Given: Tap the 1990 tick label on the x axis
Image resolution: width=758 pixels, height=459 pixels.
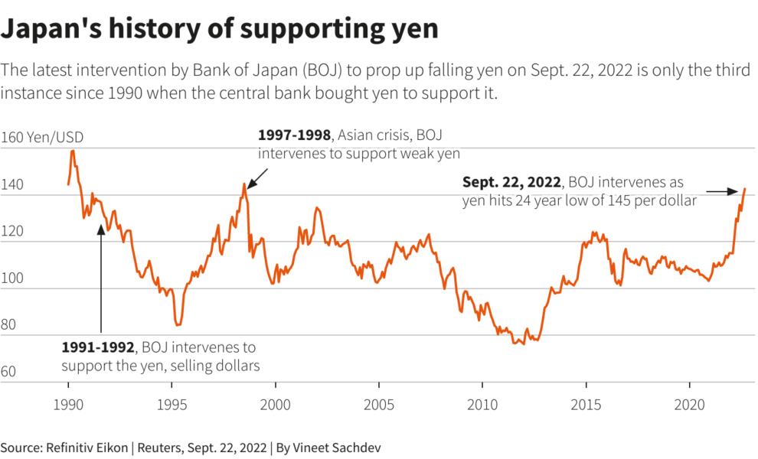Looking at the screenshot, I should coord(68,403).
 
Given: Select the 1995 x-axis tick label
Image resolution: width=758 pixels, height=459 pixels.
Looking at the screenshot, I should coord(172,403).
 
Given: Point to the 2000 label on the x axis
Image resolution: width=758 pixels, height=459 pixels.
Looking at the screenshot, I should coord(276,403).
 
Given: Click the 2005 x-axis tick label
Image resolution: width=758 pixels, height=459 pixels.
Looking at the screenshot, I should coord(379,403).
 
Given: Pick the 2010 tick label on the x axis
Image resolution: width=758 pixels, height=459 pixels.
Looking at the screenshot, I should coord(482,403).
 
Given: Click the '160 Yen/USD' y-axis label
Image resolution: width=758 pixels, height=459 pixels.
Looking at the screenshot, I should coord(43,138).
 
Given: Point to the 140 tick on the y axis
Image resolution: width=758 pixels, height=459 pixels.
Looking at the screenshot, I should coord(14,185).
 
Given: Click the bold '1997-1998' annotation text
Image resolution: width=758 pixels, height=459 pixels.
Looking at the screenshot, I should coord(295,135).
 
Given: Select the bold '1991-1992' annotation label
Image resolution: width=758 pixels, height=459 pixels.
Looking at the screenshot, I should coord(98,348).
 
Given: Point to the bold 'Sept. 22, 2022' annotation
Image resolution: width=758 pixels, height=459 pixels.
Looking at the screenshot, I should coord(512,183).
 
